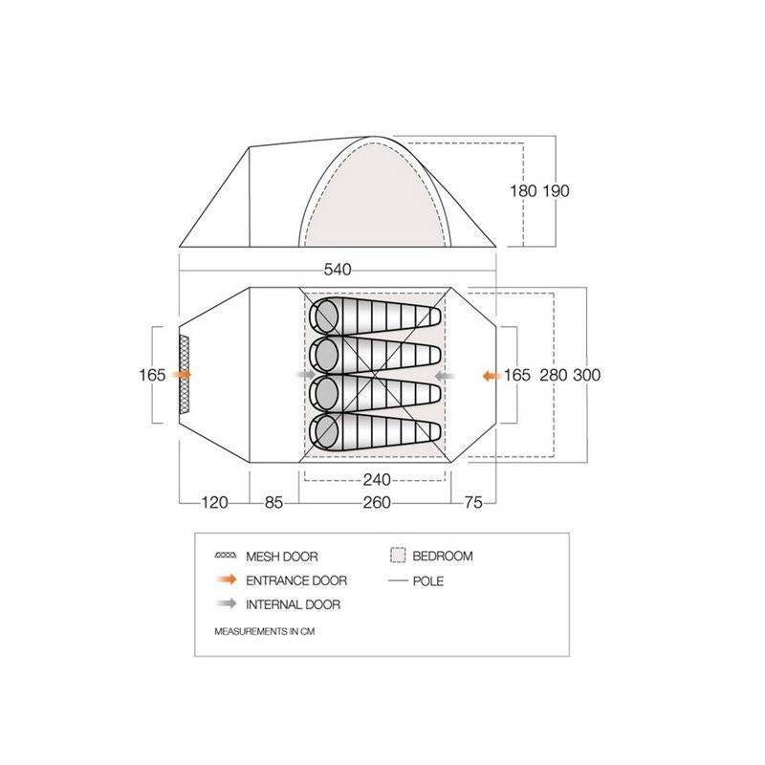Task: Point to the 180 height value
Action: click(524, 190)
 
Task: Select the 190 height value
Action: click(557, 190)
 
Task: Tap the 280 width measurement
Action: click(553, 375)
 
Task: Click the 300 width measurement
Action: click(587, 375)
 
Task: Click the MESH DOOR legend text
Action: click(281, 557)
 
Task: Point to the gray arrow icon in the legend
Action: click(227, 604)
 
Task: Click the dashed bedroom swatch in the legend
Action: click(399, 556)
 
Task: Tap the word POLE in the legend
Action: click(429, 580)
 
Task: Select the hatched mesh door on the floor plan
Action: click(185, 375)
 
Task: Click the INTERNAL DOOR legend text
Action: click(293, 604)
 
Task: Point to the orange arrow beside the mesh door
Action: click(181, 375)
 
